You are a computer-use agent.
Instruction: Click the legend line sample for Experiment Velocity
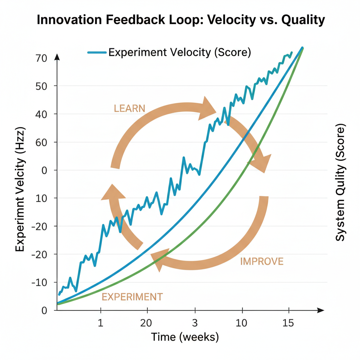[96, 52]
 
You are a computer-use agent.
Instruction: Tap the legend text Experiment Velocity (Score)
[179, 52]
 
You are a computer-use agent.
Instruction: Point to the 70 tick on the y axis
[41, 58]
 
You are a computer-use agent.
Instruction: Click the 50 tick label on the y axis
[41, 86]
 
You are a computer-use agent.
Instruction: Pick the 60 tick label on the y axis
[41, 142]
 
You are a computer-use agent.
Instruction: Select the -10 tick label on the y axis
[39, 282]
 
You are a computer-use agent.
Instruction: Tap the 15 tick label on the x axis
[288, 323]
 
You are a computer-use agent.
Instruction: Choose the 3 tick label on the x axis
[195, 323]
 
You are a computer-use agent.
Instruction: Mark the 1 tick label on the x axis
[101, 323]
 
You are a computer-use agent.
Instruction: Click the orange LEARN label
[129, 108]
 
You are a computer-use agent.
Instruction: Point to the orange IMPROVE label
[262, 262]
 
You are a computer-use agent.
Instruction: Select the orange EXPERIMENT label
[132, 297]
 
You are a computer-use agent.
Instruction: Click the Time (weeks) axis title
[185, 337]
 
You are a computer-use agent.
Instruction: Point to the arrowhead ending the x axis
[320, 310]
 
